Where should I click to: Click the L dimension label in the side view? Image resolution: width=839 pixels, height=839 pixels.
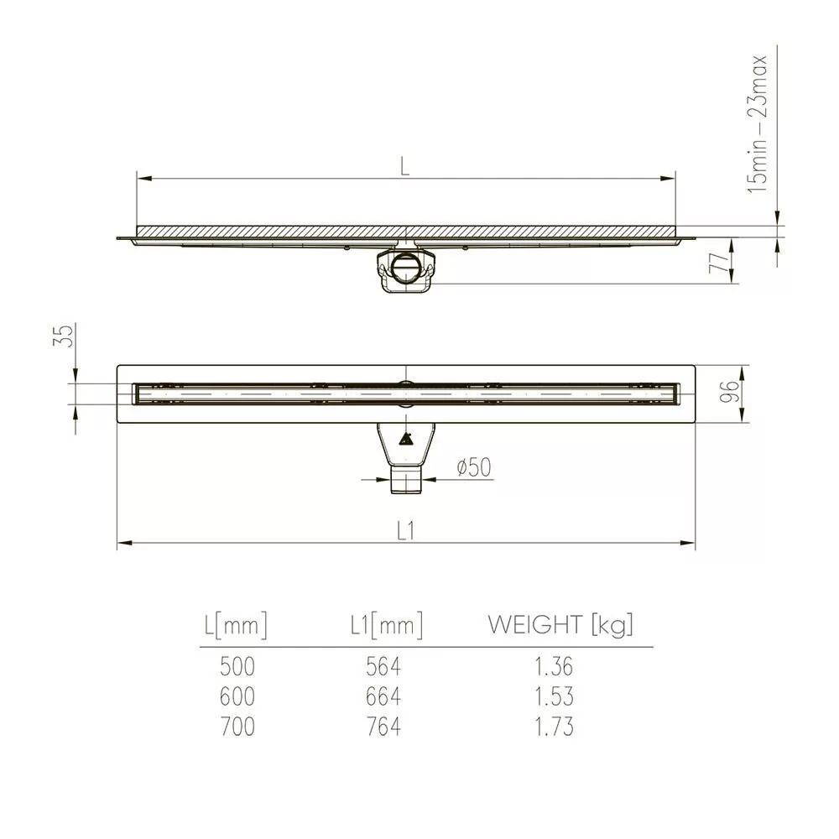(405, 166)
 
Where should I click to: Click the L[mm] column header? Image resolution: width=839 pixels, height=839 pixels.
(236, 624)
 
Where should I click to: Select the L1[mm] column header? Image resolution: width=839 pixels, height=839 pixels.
(383, 624)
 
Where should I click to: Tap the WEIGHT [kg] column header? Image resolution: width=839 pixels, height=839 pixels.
(560, 624)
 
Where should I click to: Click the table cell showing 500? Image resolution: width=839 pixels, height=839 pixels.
(237, 666)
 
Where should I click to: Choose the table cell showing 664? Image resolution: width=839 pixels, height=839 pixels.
(383, 696)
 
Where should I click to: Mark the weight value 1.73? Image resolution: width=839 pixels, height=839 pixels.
(554, 726)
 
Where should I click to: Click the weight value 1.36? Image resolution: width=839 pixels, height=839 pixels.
(554, 666)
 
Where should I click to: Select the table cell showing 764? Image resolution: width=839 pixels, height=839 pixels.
(383, 726)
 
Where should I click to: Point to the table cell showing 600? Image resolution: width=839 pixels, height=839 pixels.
(237, 696)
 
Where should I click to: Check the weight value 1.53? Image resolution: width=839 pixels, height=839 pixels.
(554, 696)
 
